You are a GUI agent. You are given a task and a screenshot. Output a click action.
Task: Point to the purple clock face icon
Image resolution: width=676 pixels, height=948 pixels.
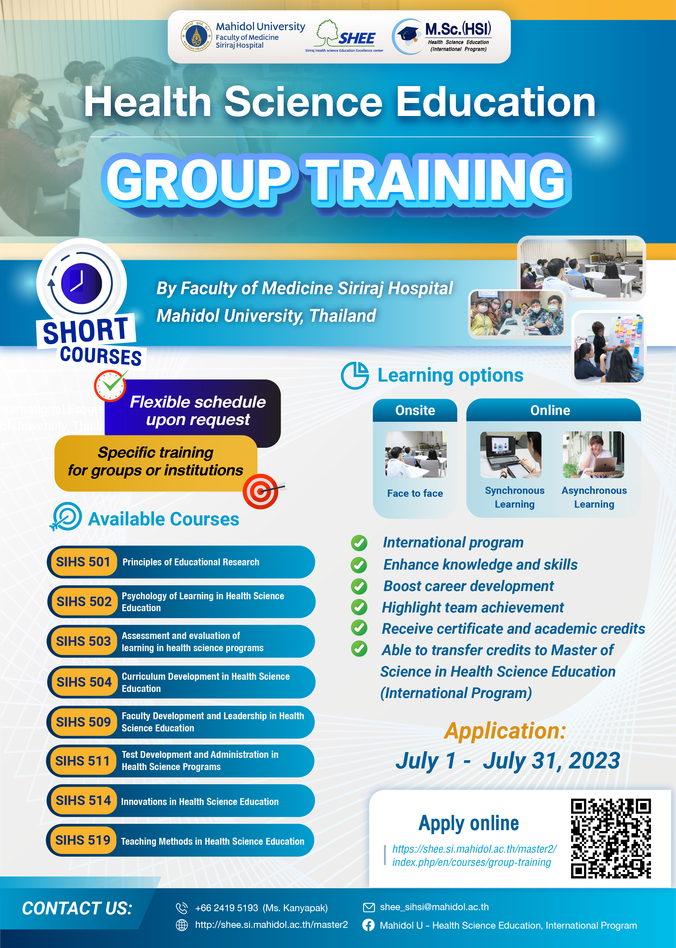(x=82, y=283)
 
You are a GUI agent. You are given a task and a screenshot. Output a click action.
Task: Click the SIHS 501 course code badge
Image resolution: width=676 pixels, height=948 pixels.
(x=83, y=562)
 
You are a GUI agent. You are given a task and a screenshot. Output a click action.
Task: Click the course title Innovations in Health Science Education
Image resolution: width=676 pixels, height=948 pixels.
(x=200, y=802)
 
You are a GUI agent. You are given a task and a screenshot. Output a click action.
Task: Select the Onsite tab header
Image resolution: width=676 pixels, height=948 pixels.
(x=415, y=410)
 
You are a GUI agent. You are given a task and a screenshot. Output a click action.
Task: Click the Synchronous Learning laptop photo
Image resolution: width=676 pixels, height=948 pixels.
(x=511, y=454)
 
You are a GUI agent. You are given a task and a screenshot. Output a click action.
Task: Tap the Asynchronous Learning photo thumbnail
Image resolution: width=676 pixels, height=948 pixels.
(x=593, y=454)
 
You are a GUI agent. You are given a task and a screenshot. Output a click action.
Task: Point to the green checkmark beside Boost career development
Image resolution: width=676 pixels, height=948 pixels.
(x=359, y=586)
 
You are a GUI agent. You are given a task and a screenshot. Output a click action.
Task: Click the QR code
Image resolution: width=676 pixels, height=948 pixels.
(x=611, y=838)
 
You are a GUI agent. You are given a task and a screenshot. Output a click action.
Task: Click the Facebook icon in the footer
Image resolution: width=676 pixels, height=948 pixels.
(x=368, y=925)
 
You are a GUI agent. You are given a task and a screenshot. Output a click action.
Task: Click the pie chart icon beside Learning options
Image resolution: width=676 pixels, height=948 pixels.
(x=355, y=375)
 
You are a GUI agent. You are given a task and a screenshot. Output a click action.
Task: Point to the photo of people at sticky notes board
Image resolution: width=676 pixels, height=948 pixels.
(x=608, y=348)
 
